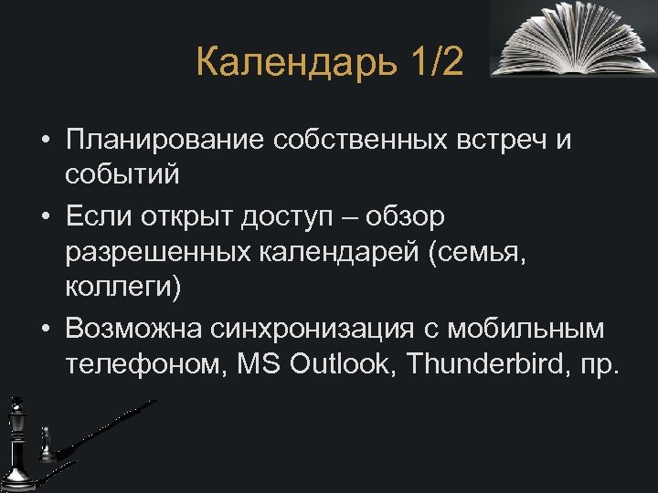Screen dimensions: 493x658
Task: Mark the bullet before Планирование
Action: (44, 141)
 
